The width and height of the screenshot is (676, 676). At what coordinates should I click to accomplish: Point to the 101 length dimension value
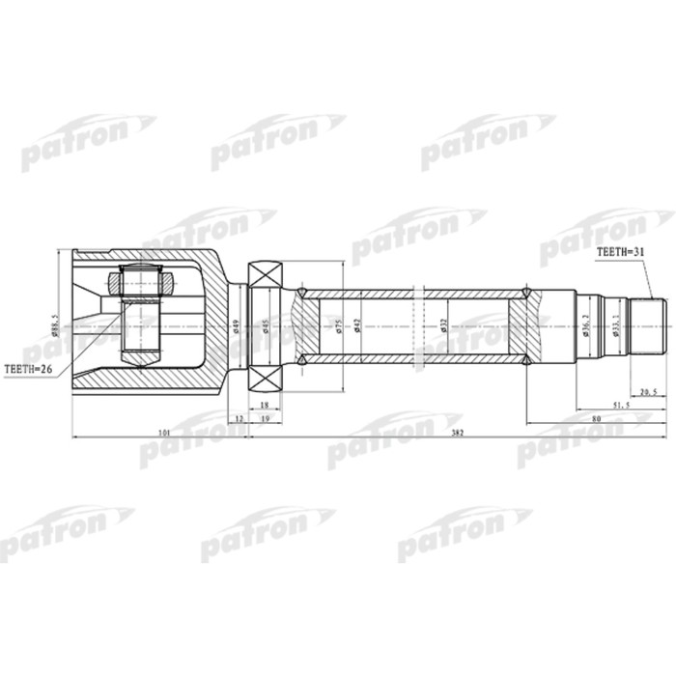pyautogui.click(x=163, y=433)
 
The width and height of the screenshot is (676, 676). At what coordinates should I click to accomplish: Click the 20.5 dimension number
pyautogui.click(x=649, y=392)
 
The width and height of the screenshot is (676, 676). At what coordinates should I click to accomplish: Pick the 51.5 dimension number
pyautogui.click(x=621, y=406)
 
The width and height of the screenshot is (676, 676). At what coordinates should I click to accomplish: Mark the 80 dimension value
pyautogui.click(x=598, y=419)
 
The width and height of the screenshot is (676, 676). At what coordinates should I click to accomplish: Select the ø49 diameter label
pyautogui.click(x=235, y=325)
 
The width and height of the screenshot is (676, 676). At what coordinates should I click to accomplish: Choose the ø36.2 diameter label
pyautogui.click(x=588, y=325)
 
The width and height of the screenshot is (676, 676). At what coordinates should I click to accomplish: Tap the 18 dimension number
pyautogui.click(x=264, y=406)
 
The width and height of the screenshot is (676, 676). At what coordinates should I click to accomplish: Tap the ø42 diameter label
pyautogui.click(x=358, y=325)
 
